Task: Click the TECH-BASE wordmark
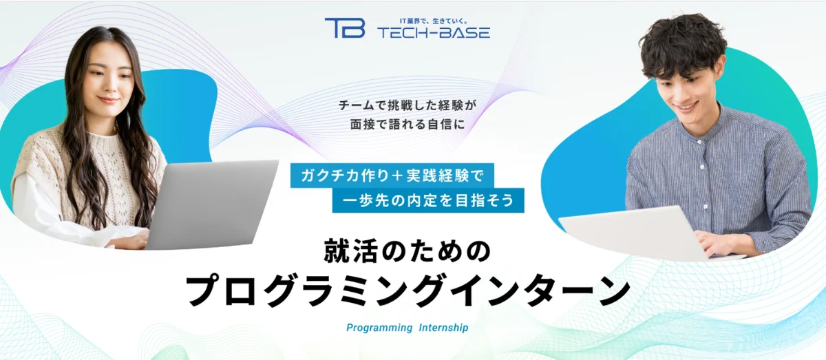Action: tap(434, 32)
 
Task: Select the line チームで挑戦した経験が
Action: tap(408, 106)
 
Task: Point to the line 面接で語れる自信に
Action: tap(408, 125)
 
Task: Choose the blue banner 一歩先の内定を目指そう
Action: tap(428, 200)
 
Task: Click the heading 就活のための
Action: tap(407, 251)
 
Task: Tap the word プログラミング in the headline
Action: tap(314, 291)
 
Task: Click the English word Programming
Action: tap(379, 328)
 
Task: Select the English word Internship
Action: tap(443, 328)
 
